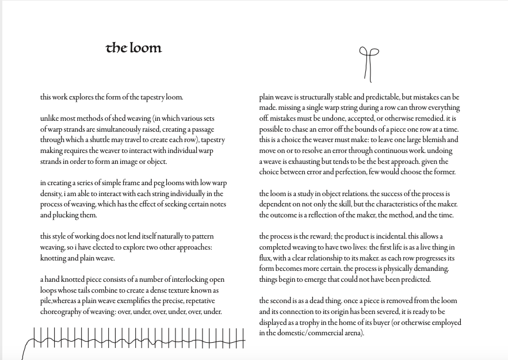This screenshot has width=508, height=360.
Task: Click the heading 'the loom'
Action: [134, 48]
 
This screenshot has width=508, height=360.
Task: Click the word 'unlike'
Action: [49, 118]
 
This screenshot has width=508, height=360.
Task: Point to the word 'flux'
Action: [265, 258]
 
